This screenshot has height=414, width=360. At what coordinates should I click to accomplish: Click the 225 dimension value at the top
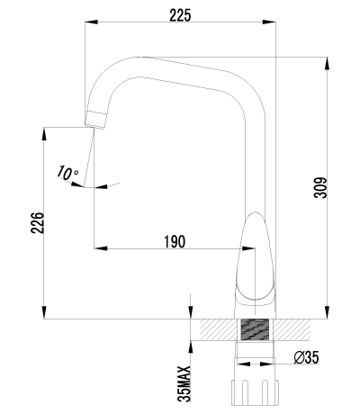[179, 13]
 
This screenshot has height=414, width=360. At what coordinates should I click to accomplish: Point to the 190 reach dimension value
[174, 240]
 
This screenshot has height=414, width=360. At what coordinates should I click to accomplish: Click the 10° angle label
[67, 171]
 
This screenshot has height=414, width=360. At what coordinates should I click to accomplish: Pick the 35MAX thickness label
[184, 382]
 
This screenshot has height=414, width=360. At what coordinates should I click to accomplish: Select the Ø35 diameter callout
[306, 358]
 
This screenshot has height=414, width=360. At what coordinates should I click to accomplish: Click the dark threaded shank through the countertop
[256, 330]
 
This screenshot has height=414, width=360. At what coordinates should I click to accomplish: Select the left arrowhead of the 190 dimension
[98, 249]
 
